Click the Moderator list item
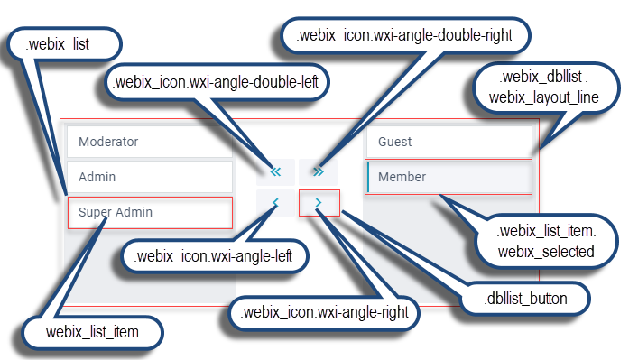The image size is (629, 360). (149, 142)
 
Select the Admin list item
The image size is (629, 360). (149, 177)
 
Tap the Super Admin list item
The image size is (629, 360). (149, 213)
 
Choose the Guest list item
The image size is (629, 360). (448, 142)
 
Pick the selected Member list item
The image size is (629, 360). (448, 177)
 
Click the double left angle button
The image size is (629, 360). (276, 170)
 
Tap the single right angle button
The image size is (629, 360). (319, 204)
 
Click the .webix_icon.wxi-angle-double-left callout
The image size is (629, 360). (216, 82)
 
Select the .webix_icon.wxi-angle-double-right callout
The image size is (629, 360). (404, 37)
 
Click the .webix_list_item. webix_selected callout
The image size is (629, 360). (545, 241)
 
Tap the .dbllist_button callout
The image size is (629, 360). (526, 296)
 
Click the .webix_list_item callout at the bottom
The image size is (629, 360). (90, 332)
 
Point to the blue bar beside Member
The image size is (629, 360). (368, 177)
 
